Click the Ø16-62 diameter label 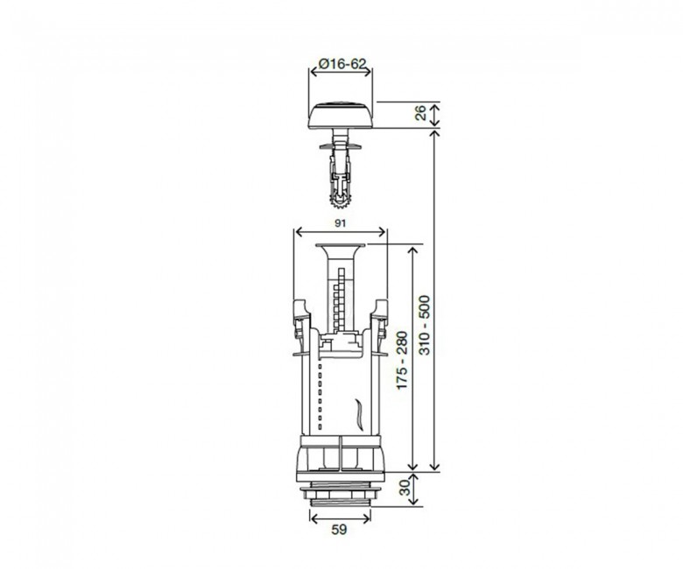click(x=342, y=64)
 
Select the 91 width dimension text click(x=341, y=223)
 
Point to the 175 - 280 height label click(x=402, y=361)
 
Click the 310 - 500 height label click(x=425, y=325)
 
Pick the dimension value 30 click(x=405, y=488)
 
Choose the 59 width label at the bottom click(x=340, y=530)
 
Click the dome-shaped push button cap click(x=341, y=115)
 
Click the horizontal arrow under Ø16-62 click(x=341, y=72)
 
